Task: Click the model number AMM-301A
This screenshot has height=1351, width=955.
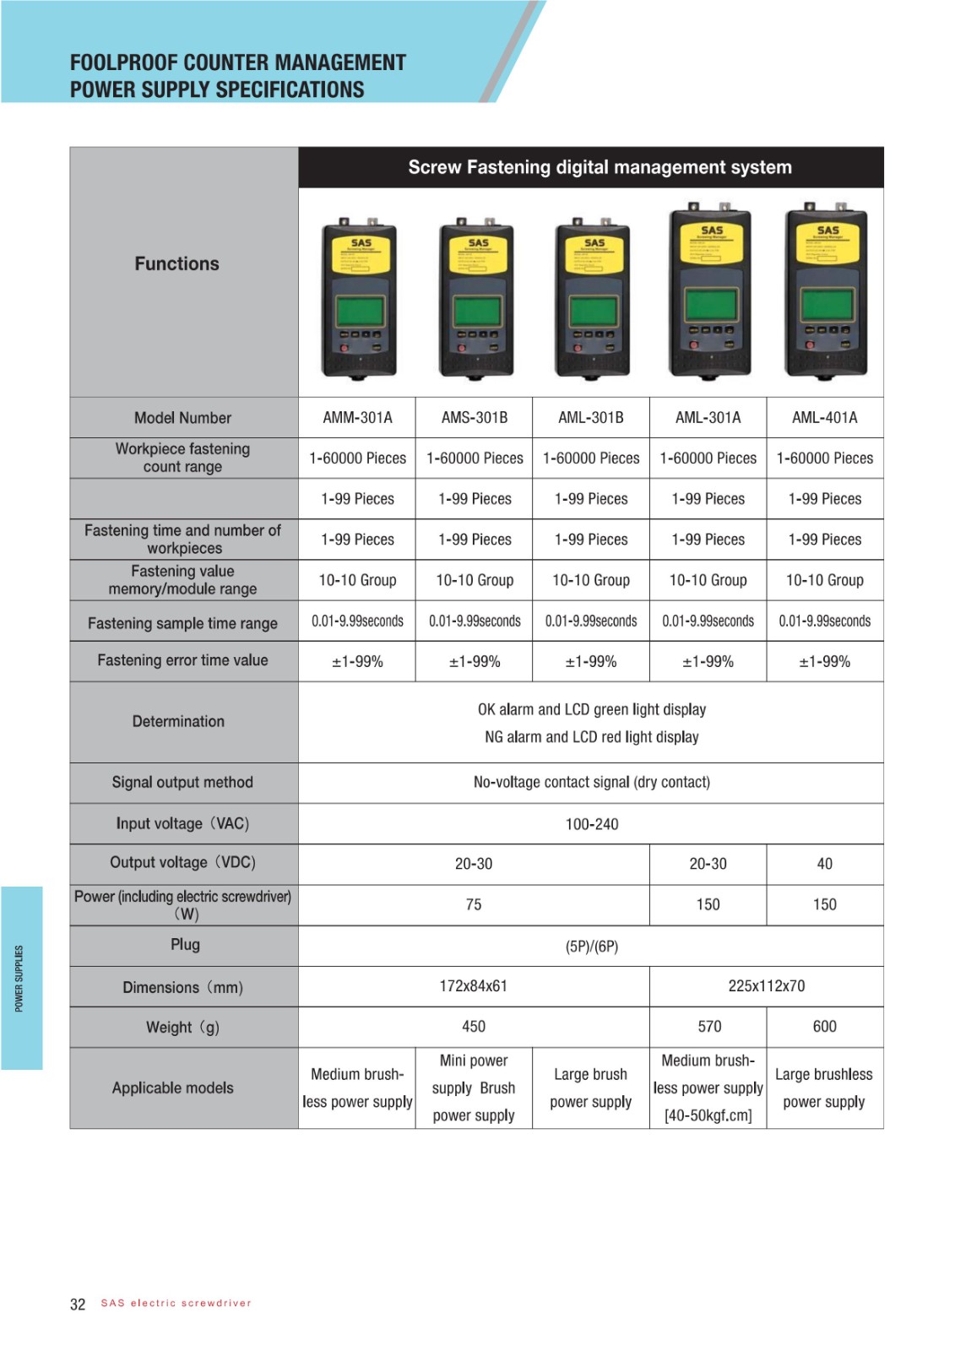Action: click(x=357, y=418)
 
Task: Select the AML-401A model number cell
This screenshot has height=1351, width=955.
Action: click(x=824, y=418)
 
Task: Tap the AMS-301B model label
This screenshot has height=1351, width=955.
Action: click(x=475, y=418)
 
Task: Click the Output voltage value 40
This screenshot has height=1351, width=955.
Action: click(x=824, y=864)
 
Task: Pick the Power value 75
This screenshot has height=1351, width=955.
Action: click(x=474, y=904)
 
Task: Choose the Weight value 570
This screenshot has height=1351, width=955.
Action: click(x=709, y=1027)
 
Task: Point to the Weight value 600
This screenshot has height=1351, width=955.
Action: click(x=824, y=1027)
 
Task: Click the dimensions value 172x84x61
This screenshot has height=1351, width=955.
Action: click(x=474, y=986)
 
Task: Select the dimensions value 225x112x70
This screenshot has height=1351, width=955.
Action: click(x=767, y=986)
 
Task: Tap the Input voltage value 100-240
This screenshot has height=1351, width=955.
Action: click(x=592, y=824)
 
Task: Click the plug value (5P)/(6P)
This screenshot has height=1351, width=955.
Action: click(x=592, y=947)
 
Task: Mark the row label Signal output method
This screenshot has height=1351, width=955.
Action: click(x=182, y=783)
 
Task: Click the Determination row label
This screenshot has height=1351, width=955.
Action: click(x=178, y=722)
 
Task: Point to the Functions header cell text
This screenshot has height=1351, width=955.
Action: click(x=176, y=264)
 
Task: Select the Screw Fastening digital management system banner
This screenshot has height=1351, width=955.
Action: click(x=600, y=167)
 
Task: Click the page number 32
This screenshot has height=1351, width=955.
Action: click(x=78, y=1305)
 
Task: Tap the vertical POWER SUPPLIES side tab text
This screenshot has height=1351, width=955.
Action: click(x=19, y=978)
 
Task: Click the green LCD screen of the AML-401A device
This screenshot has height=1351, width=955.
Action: click(x=825, y=304)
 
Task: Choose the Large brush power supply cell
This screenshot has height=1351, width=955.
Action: click(x=591, y=1088)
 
